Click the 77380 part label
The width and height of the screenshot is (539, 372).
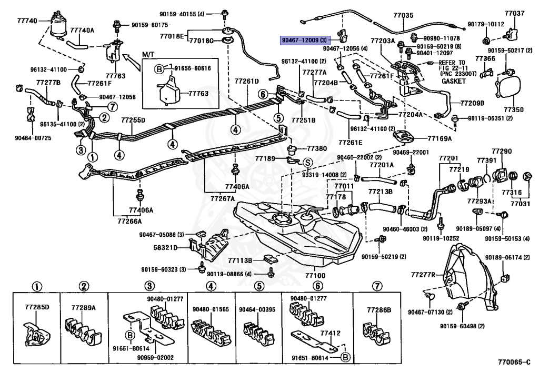(316, 149)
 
